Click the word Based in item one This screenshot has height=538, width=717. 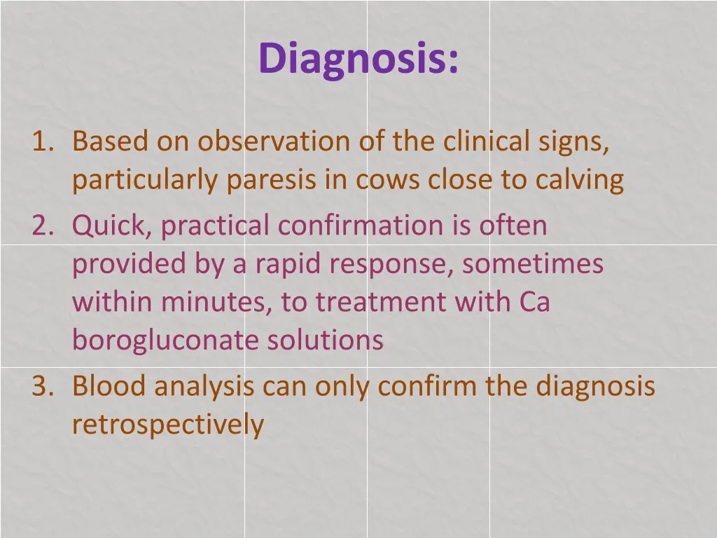pos(110,142)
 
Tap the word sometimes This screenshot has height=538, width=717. pos(532,265)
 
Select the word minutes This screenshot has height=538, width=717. pos(216,303)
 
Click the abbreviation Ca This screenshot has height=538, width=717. pos(534,303)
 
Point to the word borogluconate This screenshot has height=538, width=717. pos(165,341)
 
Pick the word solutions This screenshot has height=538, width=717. pos(326,340)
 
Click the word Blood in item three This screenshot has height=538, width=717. pos(110,386)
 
